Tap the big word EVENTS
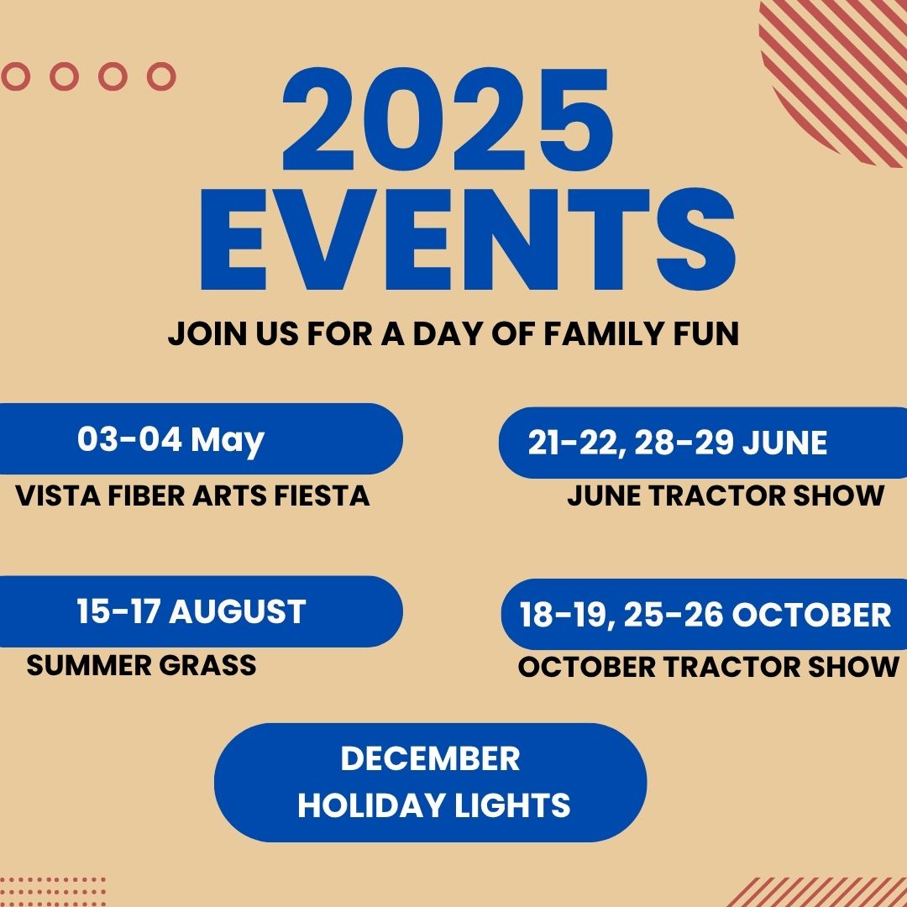point(468,239)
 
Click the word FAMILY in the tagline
point(604,333)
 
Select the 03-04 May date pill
point(201,438)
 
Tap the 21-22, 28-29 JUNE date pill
point(703,443)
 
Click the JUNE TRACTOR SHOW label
point(726,495)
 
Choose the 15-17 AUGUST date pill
point(201,611)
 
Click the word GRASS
point(207,665)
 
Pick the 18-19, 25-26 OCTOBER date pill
point(704,614)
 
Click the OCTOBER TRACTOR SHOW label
point(709,667)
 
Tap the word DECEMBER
point(430,758)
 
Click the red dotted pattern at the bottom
point(53,891)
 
